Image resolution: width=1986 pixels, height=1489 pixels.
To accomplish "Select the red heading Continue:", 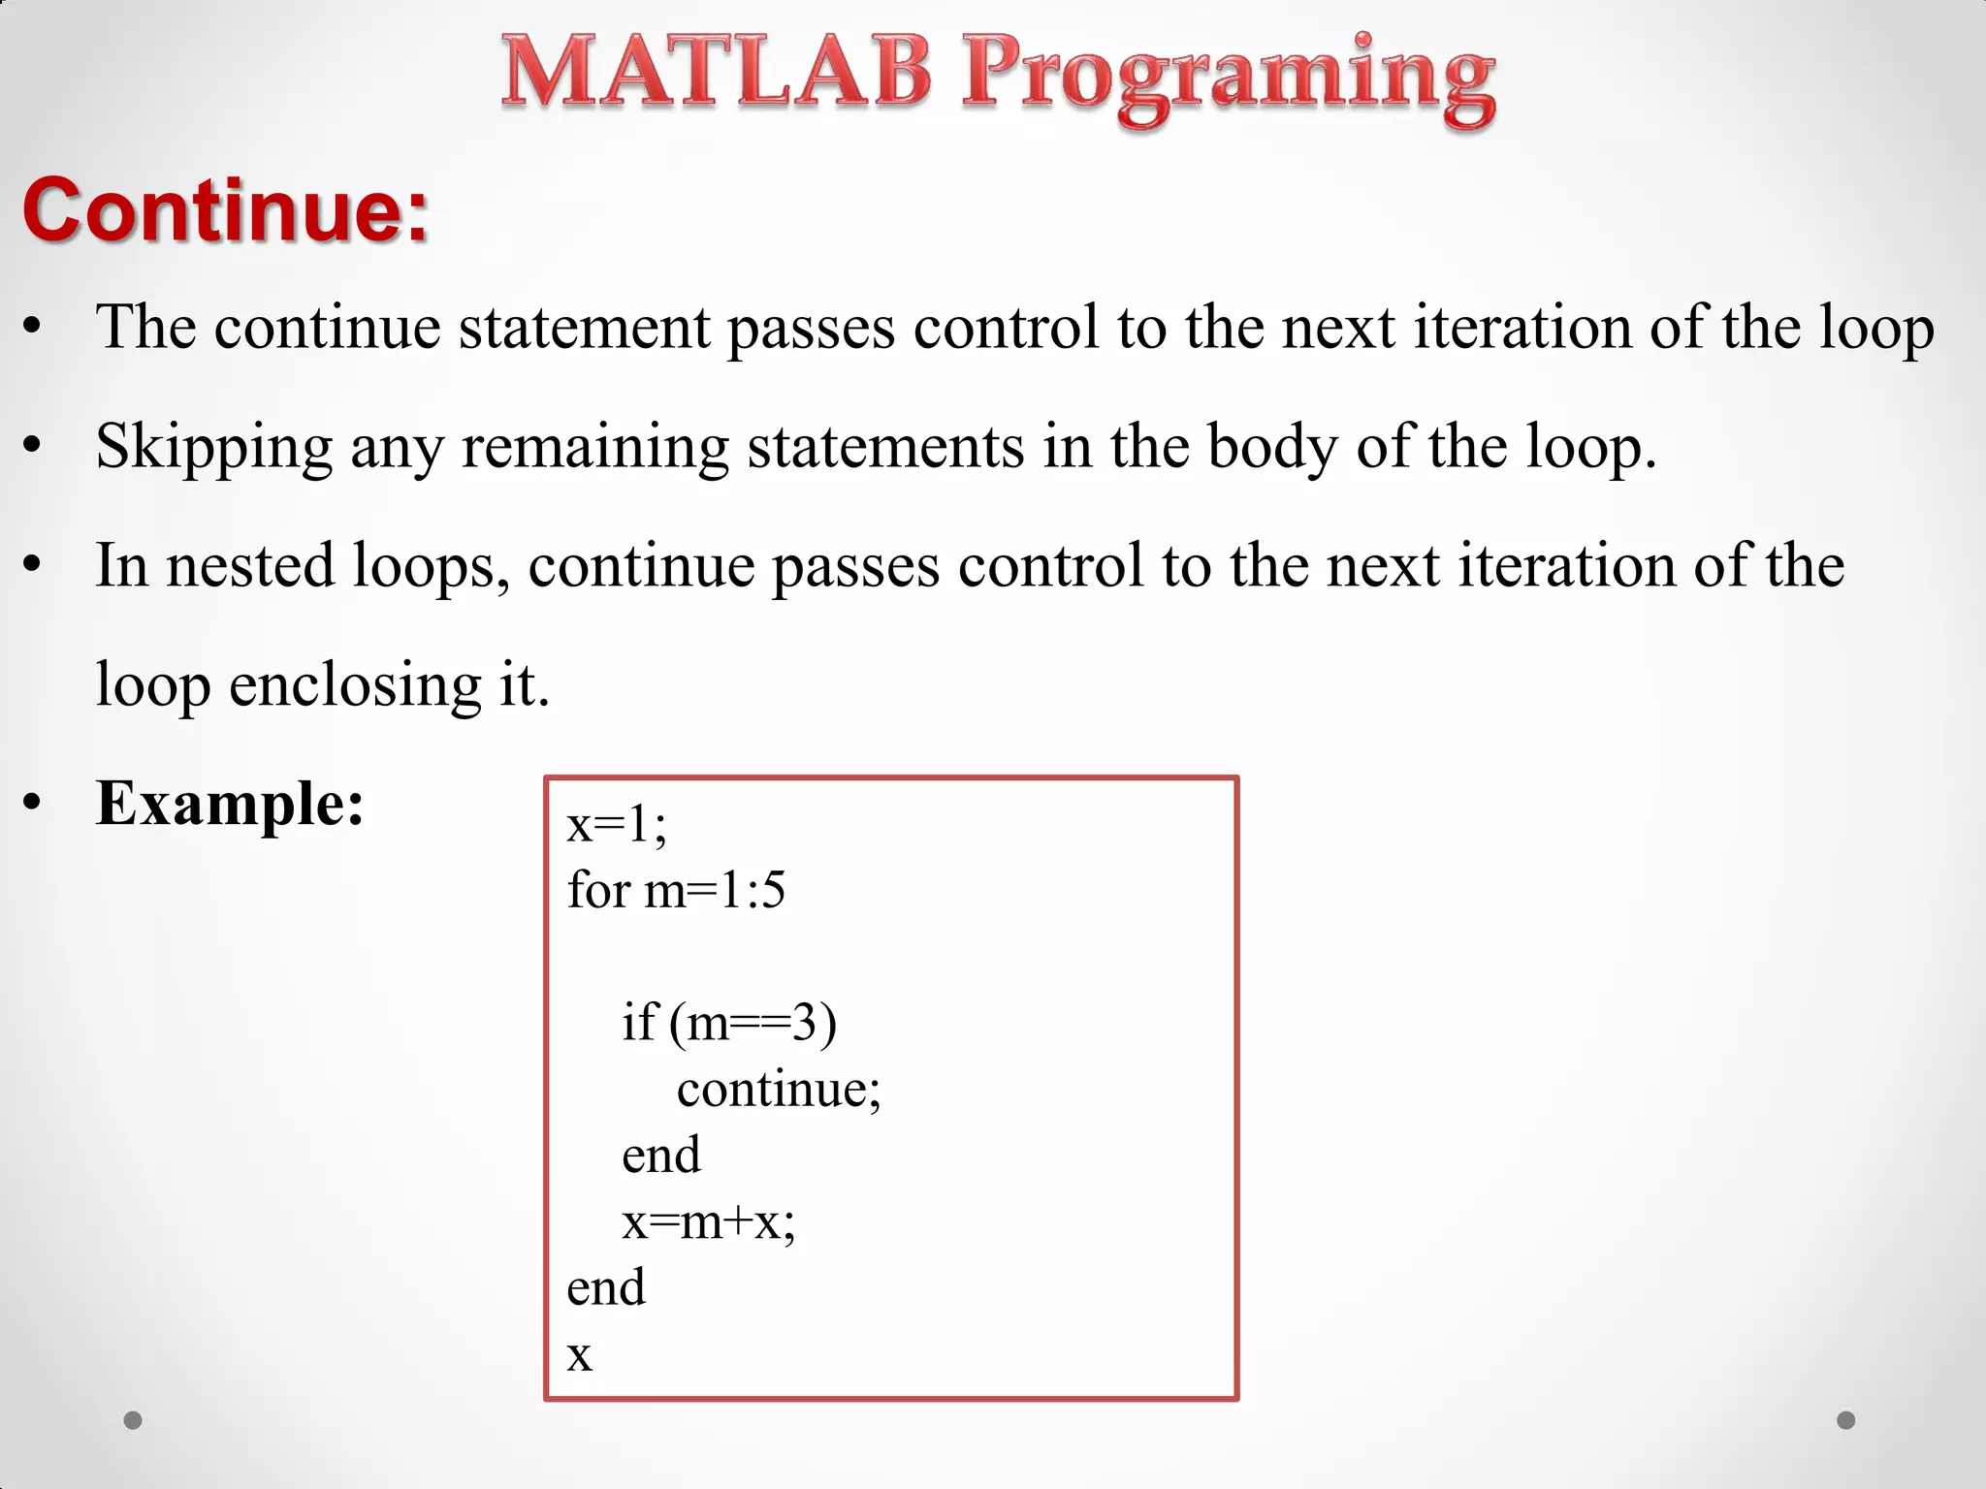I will [225, 210].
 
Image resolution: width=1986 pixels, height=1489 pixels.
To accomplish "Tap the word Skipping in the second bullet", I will [214, 448].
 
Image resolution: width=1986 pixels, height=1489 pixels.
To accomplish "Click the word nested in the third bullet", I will [249, 566].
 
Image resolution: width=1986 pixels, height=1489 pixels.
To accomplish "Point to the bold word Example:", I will [230, 804].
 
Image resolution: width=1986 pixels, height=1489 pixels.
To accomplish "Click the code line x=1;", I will [617, 825].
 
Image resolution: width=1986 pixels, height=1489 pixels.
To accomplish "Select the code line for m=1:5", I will [676, 890].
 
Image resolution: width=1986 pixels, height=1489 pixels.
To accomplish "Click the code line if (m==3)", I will [729, 1023].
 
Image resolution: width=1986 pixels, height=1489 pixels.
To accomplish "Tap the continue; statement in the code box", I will [779, 1089].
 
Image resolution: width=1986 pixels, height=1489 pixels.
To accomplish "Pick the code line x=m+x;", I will [708, 1221].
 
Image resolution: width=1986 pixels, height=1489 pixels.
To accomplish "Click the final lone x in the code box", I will [579, 1355].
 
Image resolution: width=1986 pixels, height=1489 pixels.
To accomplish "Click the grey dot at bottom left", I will [134, 1420].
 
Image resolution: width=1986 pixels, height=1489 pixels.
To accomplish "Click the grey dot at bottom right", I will [1846, 1420].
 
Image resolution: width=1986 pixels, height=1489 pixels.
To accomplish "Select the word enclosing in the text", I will [354, 685].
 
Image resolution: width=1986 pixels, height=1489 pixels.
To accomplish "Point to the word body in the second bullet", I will [1271, 448].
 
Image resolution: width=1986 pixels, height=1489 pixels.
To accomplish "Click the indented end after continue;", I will [660, 1156].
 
